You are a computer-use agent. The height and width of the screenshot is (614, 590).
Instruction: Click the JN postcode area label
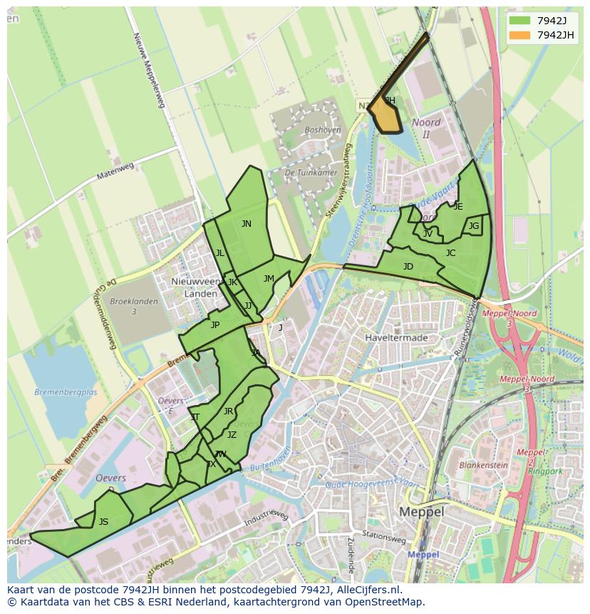tap(246, 224)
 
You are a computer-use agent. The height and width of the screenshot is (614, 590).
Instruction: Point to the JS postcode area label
tap(103, 522)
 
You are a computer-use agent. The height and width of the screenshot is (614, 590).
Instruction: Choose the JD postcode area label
tap(408, 267)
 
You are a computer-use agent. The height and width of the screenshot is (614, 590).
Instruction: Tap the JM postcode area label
tap(269, 279)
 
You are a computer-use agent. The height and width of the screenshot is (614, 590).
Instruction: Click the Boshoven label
tap(322, 131)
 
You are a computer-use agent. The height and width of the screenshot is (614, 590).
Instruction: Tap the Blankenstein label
tap(483, 465)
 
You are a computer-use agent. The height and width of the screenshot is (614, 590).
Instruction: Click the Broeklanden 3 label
tap(134, 307)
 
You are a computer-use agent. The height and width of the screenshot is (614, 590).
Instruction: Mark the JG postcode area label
tap(474, 226)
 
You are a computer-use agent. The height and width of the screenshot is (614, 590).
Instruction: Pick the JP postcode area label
tap(214, 325)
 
